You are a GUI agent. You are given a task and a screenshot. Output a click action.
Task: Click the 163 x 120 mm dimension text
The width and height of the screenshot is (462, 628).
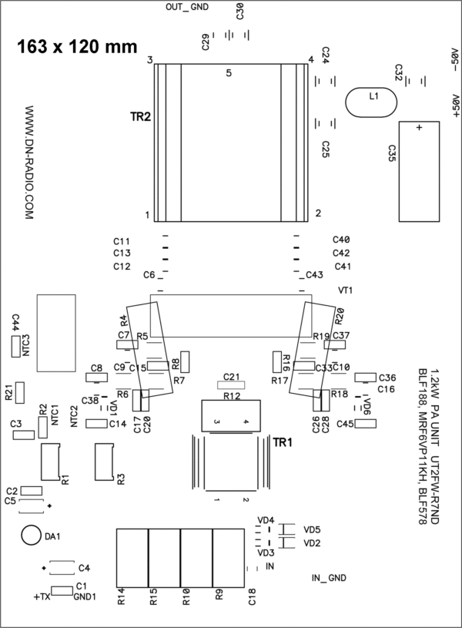click(77, 46)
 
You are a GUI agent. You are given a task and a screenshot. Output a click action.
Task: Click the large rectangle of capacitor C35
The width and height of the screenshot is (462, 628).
click(419, 172)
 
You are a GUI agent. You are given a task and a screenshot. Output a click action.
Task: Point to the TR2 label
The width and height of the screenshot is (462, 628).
click(139, 117)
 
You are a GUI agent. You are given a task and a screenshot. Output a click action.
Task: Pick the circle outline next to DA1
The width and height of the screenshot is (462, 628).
click(31, 536)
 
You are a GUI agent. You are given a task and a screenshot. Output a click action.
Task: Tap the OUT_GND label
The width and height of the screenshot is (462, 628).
click(188, 8)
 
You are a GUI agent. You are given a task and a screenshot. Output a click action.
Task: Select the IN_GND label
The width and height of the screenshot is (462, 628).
click(329, 578)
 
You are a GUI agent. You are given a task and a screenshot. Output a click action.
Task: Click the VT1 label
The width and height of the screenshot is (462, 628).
click(346, 290)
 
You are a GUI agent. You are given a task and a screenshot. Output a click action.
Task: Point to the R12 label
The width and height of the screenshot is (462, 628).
click(232, 396)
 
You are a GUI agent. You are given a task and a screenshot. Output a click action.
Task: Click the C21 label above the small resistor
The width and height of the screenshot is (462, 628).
click(232, 376)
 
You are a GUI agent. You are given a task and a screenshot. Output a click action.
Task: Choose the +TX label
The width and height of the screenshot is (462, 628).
click(42, 596)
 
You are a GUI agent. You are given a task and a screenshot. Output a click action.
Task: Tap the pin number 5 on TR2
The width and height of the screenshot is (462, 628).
click(229, 73)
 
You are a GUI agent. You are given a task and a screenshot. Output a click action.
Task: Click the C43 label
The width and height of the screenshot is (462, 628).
click(315, 275)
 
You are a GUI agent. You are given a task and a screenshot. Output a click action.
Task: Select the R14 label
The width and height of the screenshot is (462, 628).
click(122, 596)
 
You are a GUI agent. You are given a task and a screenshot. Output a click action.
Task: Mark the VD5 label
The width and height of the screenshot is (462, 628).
click(312, 530)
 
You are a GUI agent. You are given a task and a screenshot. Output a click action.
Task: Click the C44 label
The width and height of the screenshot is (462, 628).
click(15, 322)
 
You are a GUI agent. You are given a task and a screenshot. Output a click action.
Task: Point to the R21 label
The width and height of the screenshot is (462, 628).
click(8, 393)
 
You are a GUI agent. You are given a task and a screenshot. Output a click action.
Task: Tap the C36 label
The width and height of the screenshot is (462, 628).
click(387, 378)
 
